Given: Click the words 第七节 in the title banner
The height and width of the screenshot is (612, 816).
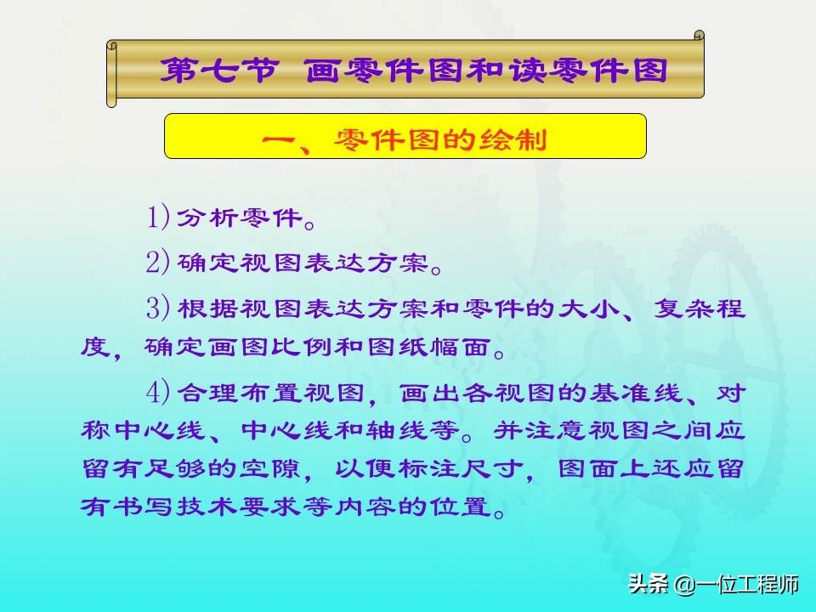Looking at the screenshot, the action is (218, 70).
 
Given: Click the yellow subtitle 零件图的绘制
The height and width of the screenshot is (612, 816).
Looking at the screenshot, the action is (440, 139).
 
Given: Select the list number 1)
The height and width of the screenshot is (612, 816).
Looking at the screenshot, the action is (158, 218).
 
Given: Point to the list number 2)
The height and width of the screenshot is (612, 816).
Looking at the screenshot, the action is (158, 262).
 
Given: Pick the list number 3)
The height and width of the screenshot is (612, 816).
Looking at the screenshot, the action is (158, 308).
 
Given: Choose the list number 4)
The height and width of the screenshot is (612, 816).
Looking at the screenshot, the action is (158, 392).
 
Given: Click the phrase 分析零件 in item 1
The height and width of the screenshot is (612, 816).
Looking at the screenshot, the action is (240, 218).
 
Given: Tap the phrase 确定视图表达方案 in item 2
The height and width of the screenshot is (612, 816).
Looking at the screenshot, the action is (303, 263).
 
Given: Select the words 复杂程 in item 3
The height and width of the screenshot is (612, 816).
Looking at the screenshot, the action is (699, 308).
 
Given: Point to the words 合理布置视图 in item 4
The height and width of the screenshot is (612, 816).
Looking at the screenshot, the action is (270, 393).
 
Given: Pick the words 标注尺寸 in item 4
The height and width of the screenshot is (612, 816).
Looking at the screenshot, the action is (461, 469).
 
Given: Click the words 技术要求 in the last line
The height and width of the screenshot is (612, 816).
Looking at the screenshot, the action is (238, 507).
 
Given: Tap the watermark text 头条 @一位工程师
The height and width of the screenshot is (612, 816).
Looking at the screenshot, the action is (713, 584).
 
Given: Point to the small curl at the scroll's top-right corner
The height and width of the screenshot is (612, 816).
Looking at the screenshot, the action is (700, 36).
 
